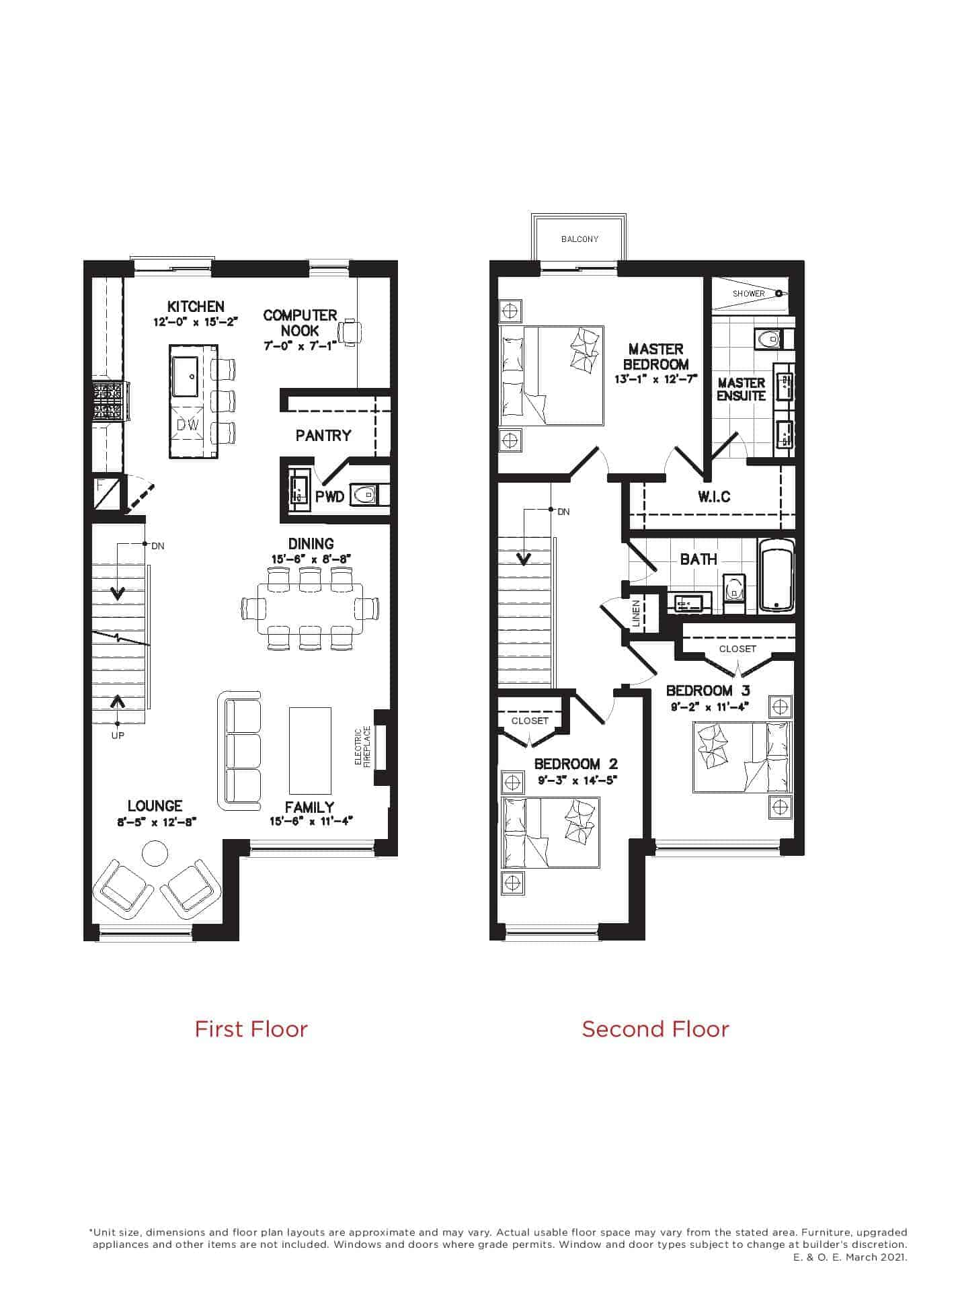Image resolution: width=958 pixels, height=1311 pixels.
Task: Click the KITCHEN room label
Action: pos(196,307)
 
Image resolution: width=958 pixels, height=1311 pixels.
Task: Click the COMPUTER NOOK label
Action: pos(300,323)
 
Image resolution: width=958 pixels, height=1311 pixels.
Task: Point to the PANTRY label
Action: pos(323,436)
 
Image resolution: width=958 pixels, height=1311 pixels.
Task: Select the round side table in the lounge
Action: pos(155,855)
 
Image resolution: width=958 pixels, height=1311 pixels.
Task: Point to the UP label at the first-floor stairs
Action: pos(118,736)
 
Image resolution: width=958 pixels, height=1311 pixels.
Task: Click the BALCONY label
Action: pos(580,239)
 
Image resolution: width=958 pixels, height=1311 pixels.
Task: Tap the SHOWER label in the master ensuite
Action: pos(748,294)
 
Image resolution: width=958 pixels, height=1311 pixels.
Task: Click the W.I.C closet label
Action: pos(714,497)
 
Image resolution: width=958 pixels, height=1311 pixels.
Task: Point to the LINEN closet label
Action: pos(636,614)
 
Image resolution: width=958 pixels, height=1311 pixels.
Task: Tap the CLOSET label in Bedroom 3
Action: pos(737,649)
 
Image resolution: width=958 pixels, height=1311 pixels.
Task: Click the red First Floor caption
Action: pos(251,1029)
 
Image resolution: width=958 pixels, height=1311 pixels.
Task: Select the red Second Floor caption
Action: pos(655,1029)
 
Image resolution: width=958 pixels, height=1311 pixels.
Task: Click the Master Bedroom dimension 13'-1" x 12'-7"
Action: pos(656,379)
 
